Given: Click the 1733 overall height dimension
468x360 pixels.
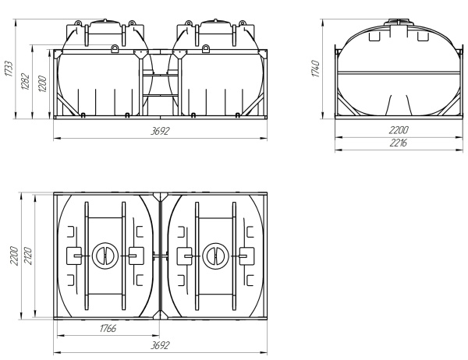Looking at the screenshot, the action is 9,69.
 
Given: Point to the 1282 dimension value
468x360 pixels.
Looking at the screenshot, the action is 26,81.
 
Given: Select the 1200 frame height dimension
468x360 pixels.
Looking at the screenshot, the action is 42,84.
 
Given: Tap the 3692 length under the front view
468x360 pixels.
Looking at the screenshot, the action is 160,131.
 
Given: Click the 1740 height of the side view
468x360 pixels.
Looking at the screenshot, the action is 315,69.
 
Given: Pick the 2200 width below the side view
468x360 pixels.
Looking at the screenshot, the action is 399,130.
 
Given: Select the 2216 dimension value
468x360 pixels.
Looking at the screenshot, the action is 399,143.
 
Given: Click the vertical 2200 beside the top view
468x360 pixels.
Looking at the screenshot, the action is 14,256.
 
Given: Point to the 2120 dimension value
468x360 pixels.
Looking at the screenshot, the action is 28,256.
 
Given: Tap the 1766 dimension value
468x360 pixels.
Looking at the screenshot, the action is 108,328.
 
